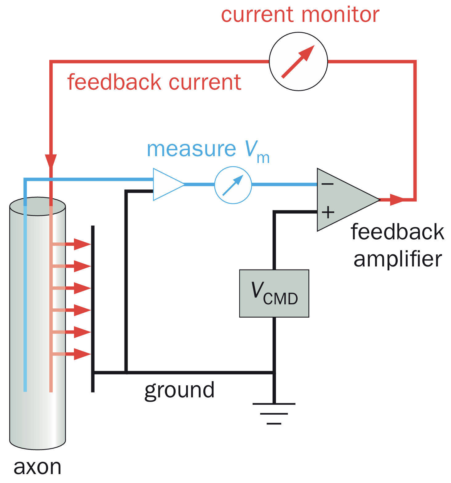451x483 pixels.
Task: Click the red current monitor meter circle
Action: [x=298, y=62]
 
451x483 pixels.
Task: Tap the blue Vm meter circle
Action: [x=233, y=185]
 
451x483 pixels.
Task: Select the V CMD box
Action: [x=274, y=293]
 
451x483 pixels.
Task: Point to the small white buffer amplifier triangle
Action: [x=166, y=185]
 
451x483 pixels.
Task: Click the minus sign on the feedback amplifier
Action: [x=327, y=184]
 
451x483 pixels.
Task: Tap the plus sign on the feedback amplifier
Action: [x=328, y=212]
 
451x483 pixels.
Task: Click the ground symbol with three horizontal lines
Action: [x=274, y=413]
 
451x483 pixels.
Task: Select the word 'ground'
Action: [x=179, y=390]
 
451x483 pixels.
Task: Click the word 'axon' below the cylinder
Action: [x=37, y=467]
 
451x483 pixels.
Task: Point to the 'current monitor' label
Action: [x=300, y=15]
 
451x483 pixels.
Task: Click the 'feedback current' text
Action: [x=154, y=82]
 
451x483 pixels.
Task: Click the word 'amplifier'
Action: [x=398, y=259]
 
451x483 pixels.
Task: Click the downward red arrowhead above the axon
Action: [x=51, y=160]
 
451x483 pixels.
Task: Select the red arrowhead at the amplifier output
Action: [x=396, y=200]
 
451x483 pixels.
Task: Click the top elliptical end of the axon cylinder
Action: [x=38, y=206]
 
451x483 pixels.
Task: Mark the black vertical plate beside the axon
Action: [x=93, y=308]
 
